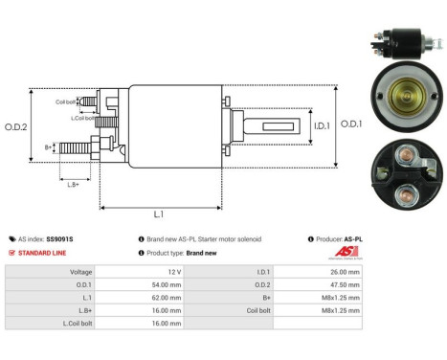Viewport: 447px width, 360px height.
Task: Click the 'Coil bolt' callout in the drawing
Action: (65, 101)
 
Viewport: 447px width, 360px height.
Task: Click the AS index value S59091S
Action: (59, 238)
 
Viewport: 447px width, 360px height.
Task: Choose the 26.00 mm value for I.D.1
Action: (344, 271)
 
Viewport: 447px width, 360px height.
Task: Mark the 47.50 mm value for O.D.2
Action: (344, 284)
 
